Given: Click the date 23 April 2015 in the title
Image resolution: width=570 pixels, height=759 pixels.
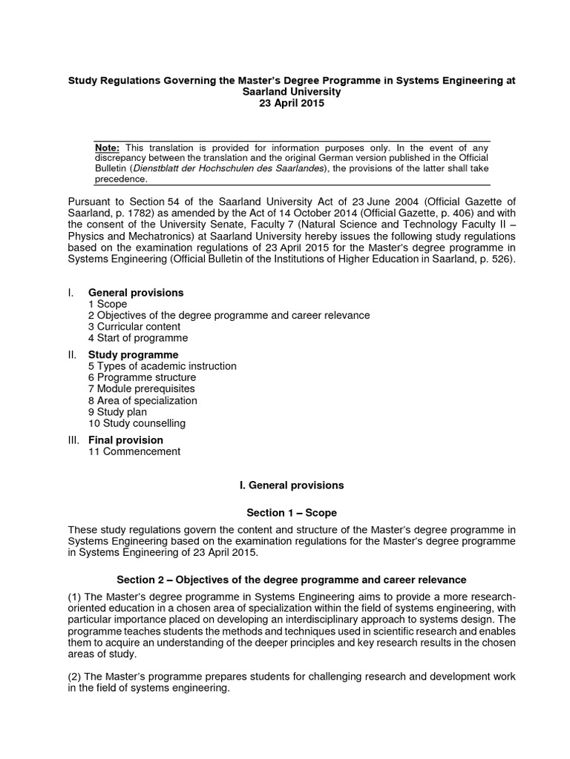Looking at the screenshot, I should [285, 104].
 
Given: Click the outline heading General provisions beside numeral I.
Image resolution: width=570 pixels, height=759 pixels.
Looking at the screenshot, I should [136, 293].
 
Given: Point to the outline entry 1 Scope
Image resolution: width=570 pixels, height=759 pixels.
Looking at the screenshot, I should [108, 304].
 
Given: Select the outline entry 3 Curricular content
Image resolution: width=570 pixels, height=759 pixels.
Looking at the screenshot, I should [134, 327].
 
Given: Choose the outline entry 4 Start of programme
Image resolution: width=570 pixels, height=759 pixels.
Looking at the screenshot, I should [138, 338].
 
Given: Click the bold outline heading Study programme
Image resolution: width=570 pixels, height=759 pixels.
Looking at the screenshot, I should [134, 355].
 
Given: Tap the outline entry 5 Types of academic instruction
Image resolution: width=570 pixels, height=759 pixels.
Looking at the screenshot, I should [163, 366].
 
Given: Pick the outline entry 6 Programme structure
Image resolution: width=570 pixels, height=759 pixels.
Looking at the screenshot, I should [141, 377].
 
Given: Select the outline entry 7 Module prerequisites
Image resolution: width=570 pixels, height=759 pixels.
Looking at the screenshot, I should [142, 389].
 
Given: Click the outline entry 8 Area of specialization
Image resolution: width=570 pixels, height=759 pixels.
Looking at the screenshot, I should [142, 400].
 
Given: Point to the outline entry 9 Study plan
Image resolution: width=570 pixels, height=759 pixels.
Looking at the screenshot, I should [117, 412].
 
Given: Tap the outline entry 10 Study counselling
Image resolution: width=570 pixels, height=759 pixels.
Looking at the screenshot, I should [137, 423].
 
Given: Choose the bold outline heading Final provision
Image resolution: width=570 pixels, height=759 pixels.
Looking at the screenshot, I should [125, 440].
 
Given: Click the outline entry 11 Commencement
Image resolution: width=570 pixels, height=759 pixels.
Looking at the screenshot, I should [134, 451].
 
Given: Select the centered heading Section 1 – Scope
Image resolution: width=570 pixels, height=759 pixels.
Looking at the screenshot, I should [292, 512].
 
